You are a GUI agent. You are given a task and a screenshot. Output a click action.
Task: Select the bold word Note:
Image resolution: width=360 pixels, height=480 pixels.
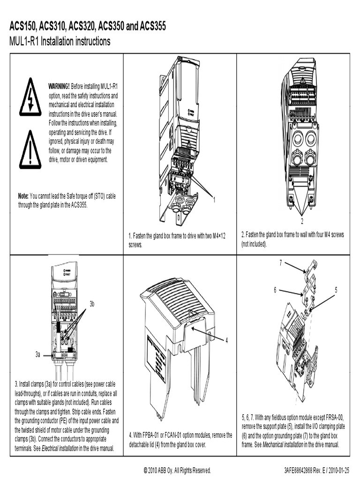tap(23, 196)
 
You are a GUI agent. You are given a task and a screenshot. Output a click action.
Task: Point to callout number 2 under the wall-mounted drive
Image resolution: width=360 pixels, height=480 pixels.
tap(302, 221)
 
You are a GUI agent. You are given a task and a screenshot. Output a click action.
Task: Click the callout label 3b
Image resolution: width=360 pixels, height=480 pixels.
tap(92, 304)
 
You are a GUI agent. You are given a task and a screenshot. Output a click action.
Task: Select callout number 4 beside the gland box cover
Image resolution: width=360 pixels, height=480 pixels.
tap(226, 340)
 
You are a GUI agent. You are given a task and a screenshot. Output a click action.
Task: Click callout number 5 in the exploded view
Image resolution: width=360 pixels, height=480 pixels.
tap(336, 290)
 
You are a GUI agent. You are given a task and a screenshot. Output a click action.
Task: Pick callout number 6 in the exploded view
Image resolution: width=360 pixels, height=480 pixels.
tap(275, 290)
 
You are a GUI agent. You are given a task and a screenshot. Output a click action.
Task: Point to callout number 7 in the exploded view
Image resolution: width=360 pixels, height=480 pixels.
tap(281, 262)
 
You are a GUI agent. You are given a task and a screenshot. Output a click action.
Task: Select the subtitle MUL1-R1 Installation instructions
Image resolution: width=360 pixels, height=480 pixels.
tap(60, 42)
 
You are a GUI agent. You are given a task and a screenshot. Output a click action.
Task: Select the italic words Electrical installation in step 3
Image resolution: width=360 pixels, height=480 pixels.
tap(60, 449)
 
